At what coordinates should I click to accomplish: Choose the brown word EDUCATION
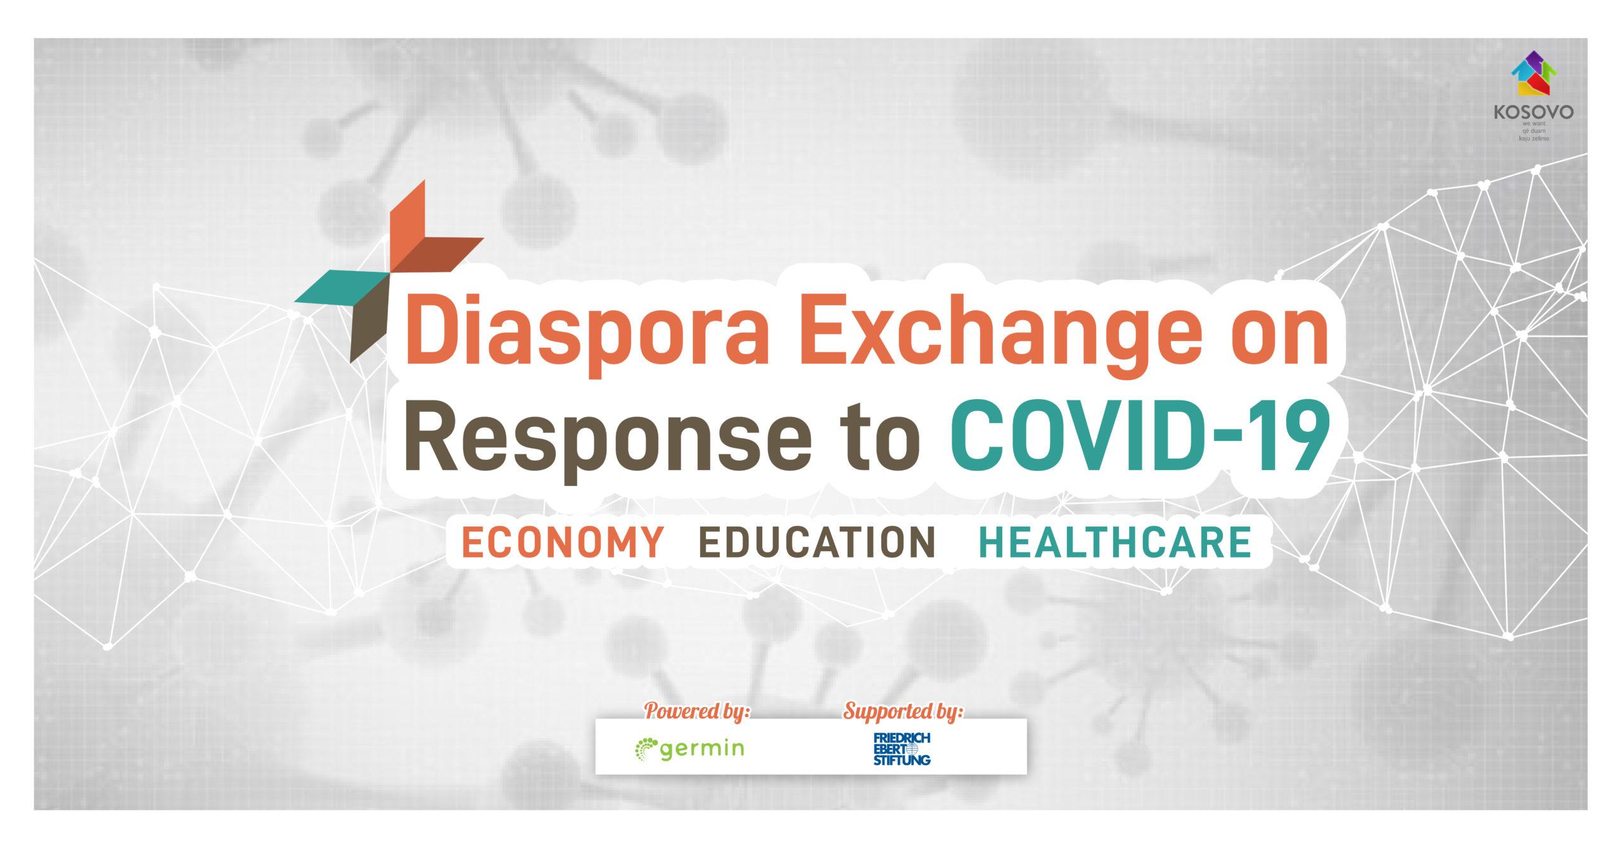(817, 542)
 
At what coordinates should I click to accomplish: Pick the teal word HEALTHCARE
(1116, 542)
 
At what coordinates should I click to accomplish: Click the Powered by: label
(697, 711)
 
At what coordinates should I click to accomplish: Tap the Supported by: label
(903, 711)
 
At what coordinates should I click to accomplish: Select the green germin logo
(689, 749)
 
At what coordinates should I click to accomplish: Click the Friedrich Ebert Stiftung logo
(902, 749)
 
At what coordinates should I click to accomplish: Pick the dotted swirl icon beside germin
(646, 749)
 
